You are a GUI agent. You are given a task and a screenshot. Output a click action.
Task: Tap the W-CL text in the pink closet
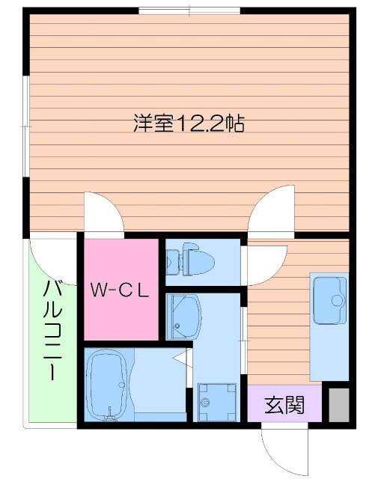121,290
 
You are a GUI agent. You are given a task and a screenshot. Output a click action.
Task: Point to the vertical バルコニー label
52,329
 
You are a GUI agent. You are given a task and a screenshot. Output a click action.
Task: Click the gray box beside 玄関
338,405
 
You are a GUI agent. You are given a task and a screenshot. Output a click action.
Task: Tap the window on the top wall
189,10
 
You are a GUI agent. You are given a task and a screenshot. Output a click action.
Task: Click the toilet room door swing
264,262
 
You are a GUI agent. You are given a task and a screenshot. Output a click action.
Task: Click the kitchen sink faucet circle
338,300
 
